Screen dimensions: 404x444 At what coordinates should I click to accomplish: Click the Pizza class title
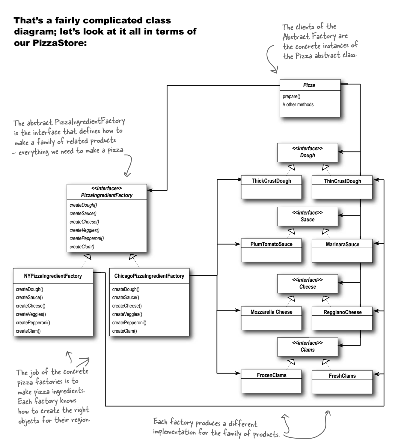point(309,85)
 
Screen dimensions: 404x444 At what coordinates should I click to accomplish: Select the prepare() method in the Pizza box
point(291,97)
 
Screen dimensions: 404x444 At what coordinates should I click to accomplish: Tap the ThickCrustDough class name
point(271,181)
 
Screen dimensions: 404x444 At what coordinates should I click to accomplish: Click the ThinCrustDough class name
point(342,181)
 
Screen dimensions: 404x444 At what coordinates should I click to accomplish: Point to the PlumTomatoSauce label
point(271,244)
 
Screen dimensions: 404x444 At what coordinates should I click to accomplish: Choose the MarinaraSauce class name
point(342,244)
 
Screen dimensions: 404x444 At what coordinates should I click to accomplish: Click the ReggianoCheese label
point(342,312)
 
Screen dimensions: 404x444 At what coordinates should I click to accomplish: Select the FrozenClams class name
point(272,375)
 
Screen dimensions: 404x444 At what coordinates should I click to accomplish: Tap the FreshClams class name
point(342,376)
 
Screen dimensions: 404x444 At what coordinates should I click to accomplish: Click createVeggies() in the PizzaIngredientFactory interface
point(85,230)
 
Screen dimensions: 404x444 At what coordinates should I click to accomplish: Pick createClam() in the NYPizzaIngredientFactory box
point(28,331)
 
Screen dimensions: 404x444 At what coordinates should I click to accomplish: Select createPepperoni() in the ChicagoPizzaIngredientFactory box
point(129,322)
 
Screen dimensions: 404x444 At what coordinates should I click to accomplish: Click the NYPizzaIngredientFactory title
point(53,276)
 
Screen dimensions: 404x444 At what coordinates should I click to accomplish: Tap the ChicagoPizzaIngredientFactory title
point(149,276)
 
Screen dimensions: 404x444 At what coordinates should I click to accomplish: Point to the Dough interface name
point(307,155)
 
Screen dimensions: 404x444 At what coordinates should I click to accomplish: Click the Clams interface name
point(307,349)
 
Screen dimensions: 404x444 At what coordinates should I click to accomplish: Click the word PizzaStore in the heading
point(60,43)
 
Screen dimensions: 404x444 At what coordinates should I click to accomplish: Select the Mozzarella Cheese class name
point(271,312)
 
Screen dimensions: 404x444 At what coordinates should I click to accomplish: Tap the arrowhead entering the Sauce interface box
point(341,215)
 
